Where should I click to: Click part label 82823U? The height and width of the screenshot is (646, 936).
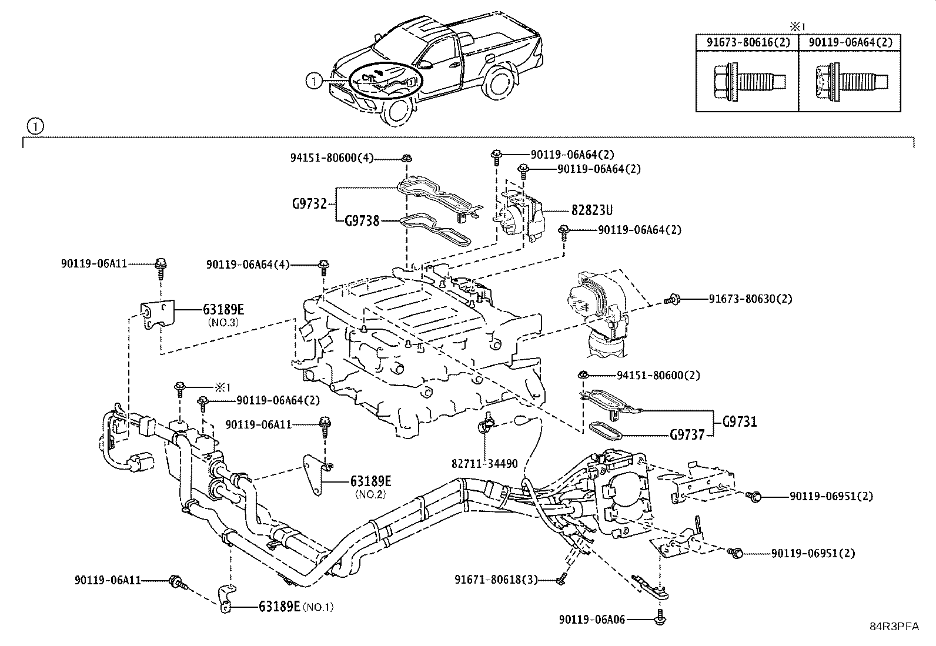[x=587, y=210]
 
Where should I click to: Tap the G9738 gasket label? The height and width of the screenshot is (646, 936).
[x=362, y=222]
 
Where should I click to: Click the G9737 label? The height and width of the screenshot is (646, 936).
[x=687, y=436]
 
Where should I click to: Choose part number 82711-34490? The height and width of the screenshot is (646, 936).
[x=485, y=464]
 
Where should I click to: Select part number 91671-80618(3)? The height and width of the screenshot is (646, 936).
[x=496, y=580]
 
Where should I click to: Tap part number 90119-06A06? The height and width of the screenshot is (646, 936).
[x=592, y=619]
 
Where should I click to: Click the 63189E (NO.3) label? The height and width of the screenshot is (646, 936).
[x=223, y=309]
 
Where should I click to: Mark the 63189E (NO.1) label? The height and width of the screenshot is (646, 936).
[x=279, y=606]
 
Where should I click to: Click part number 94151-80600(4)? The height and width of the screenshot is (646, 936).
[x=332, y=158]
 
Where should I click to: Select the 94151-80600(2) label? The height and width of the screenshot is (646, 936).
[x=658, y=375]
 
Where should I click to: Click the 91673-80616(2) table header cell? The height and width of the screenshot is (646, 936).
[x=746, y=42]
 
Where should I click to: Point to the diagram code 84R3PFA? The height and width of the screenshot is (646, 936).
[x=894, y=627]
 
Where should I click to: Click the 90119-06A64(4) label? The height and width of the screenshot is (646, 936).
[x=248, y=265]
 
